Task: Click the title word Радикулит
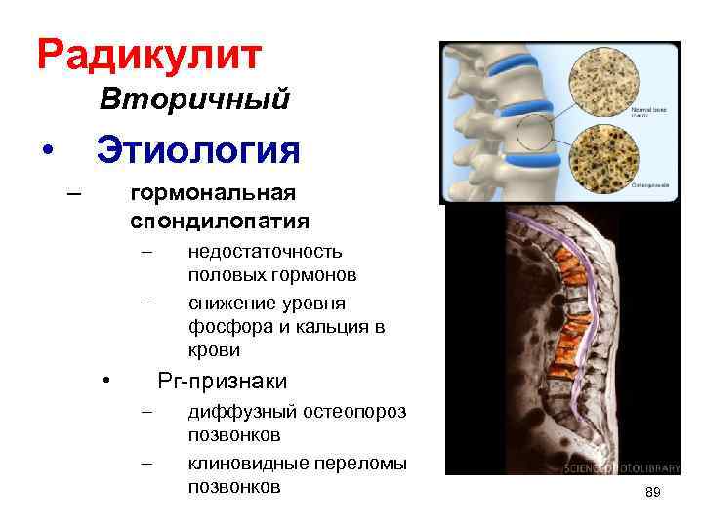click(149, 55)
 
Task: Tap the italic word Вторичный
click(194, 100)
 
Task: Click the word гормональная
click(213, 193)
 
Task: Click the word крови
click(214, 349)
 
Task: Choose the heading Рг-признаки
click(223, 381)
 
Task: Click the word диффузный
click(236, 412)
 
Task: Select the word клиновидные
click(249, 463)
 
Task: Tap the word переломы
click(363, 463)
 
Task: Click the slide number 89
click(653, 494)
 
